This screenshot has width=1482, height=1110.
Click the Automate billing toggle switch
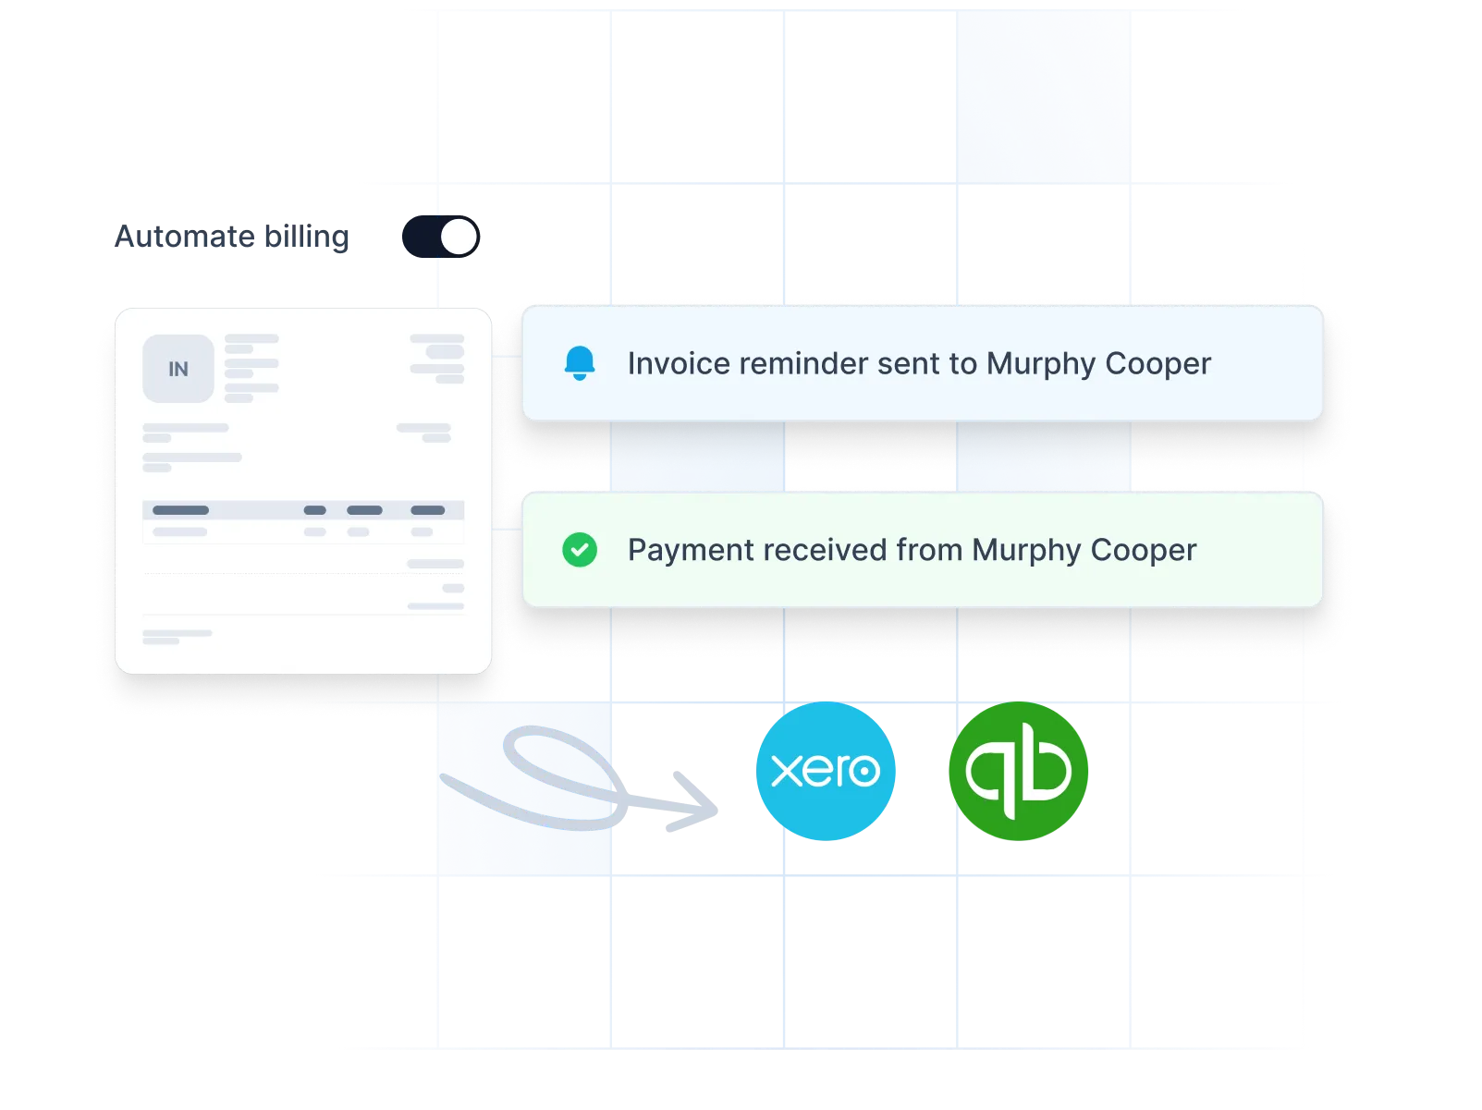tap(440, 237)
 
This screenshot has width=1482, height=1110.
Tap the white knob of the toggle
tap(459, 237)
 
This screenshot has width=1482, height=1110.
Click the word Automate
tap(184, 237)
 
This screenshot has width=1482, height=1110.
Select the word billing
tap(307, 237)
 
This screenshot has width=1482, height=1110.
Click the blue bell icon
tap(580, 363)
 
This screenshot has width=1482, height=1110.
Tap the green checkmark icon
tap(580, 549)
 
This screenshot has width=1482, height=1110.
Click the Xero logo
tap(825, 771)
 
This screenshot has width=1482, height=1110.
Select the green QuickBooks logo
tap(1018, 771)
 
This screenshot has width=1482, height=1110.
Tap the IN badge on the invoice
tap(178, 369)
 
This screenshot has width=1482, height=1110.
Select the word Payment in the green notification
tap(690, 550)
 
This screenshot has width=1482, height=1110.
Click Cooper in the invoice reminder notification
tap(1157, 364)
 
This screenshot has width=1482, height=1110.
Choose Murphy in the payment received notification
tap(1026, 550)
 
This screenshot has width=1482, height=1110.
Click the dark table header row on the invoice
tap(303, 509)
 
